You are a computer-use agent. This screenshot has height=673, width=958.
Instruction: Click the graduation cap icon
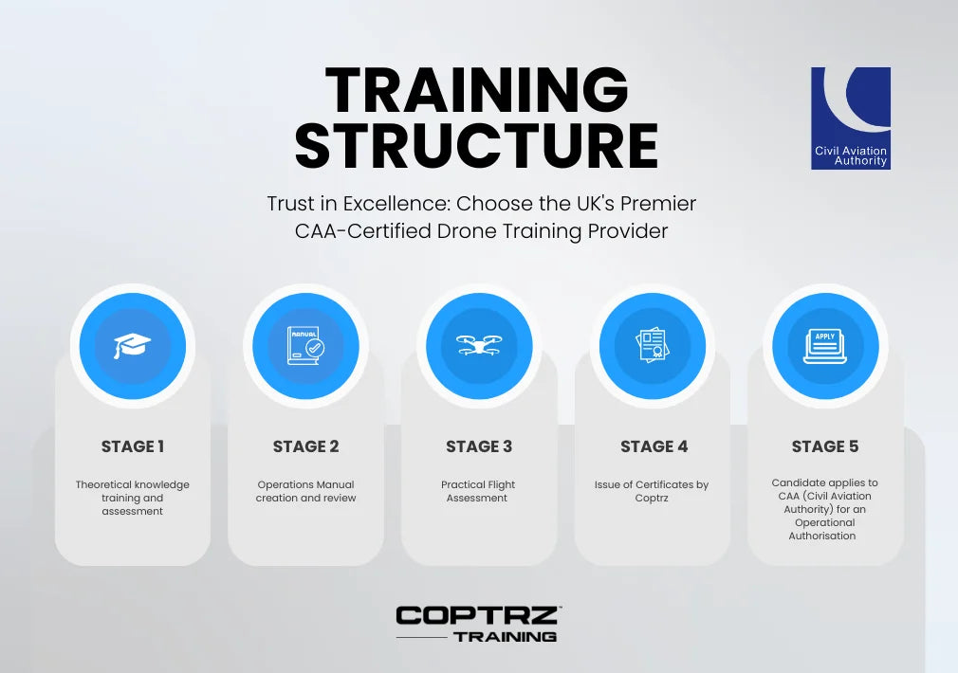[132, 346]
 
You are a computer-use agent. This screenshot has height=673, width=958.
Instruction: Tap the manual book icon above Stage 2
[305, 346]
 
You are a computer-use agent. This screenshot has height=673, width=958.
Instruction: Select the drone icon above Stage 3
[479, 345]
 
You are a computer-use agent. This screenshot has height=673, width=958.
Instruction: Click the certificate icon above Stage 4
[653, 345]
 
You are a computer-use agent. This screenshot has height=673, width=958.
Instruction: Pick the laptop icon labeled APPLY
[825, 346]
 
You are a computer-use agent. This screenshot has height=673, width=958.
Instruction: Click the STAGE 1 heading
[133, 446]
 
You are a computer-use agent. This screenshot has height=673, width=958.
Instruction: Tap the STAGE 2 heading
[305, 446]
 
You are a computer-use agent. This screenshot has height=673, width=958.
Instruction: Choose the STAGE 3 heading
[479, 446]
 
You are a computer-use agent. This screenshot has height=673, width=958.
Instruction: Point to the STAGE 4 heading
[654, 446]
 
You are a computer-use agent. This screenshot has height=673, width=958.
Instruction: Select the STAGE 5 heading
[825, 446]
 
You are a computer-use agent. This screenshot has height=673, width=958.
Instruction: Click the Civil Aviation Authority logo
[851, 118]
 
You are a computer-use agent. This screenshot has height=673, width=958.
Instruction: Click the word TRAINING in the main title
[477, 90]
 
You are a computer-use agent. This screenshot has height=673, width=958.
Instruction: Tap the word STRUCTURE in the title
[476, 145]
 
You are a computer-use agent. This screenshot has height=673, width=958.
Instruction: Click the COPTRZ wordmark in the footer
[478, 615]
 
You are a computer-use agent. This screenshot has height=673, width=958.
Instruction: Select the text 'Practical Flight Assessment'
[478, 491]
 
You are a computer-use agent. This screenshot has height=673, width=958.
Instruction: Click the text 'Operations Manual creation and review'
[305, 491]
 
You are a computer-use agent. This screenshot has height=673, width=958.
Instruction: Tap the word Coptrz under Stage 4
[652, 499]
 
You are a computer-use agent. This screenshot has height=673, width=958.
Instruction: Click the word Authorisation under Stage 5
[821, 536]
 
